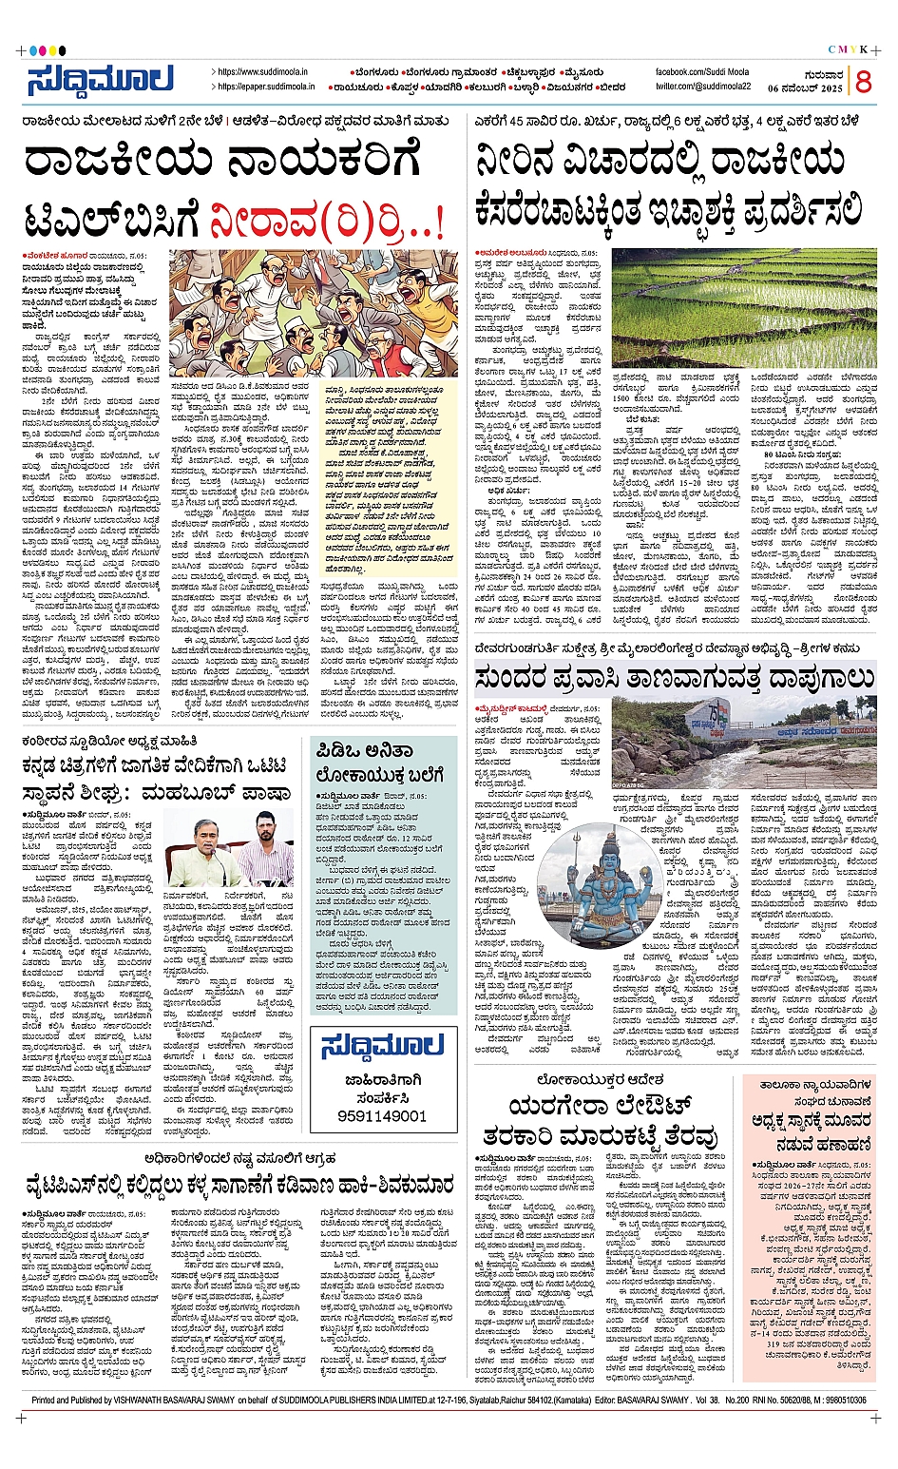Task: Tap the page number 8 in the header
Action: click(x=863, y=83)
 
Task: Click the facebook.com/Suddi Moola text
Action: click(x=702, y=72)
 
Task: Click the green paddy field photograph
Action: click(x=744, y=307)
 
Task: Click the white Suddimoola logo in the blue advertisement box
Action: click(x=383, y=1047)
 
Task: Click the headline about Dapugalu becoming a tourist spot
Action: click(x=675, y=677)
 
